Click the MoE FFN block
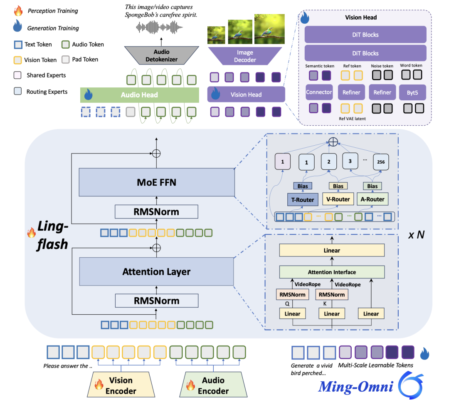(156, 183)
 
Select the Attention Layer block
(156, 272)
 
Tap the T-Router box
(303, 199)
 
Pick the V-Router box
(338, 199)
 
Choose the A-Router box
(372, 199)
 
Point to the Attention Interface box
(332, 272)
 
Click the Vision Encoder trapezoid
(121, 385)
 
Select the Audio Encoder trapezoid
(212, 385)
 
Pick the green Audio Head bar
(139, 95)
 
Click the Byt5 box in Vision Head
(412, 92)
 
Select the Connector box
(319, 92)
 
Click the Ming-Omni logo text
(356, 386)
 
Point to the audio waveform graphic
(160, 28)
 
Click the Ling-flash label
(52, 235)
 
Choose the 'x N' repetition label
(416, 234)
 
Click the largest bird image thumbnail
(269, 29)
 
